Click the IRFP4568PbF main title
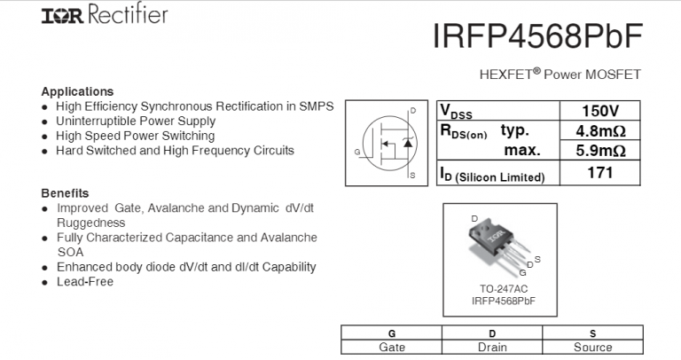pos(536,36)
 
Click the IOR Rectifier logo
pos(92,15)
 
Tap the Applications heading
pos(77,91)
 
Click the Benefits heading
pos(65,192)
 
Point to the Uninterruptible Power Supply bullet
pos(135,121)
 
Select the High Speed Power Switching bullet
pos(135,136)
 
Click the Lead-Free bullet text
pos(84,282)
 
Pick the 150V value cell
pos(599,112)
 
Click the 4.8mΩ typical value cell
pos(599,131)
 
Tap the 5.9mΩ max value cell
pos(599,151)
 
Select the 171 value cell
pos(599,173)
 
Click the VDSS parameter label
pos(457,113)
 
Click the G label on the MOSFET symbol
pos(356,153)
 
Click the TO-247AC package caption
pos(503,289)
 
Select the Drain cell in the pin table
pos(492,348)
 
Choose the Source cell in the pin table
pos(592,348)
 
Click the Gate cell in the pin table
pos(391,348)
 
